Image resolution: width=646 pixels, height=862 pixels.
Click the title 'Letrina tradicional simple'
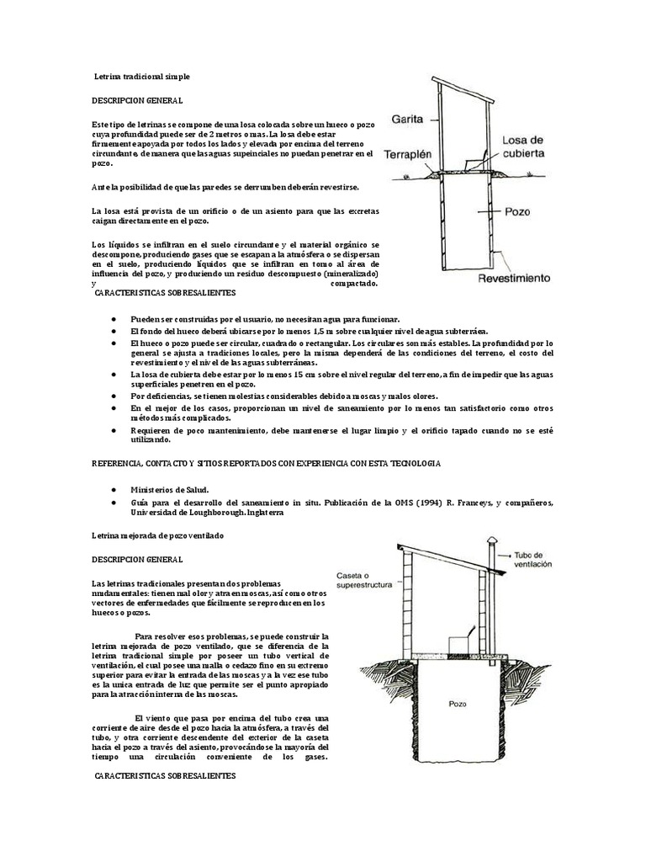pos(142,77)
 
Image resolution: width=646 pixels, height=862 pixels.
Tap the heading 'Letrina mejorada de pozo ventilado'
pos(157,535)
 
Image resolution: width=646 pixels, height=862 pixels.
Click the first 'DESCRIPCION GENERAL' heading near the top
pos(137,101)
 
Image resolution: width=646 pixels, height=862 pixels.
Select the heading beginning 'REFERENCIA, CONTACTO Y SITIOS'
pos(265,464)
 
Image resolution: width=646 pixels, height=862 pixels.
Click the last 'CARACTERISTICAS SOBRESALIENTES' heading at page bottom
pos(165,774)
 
